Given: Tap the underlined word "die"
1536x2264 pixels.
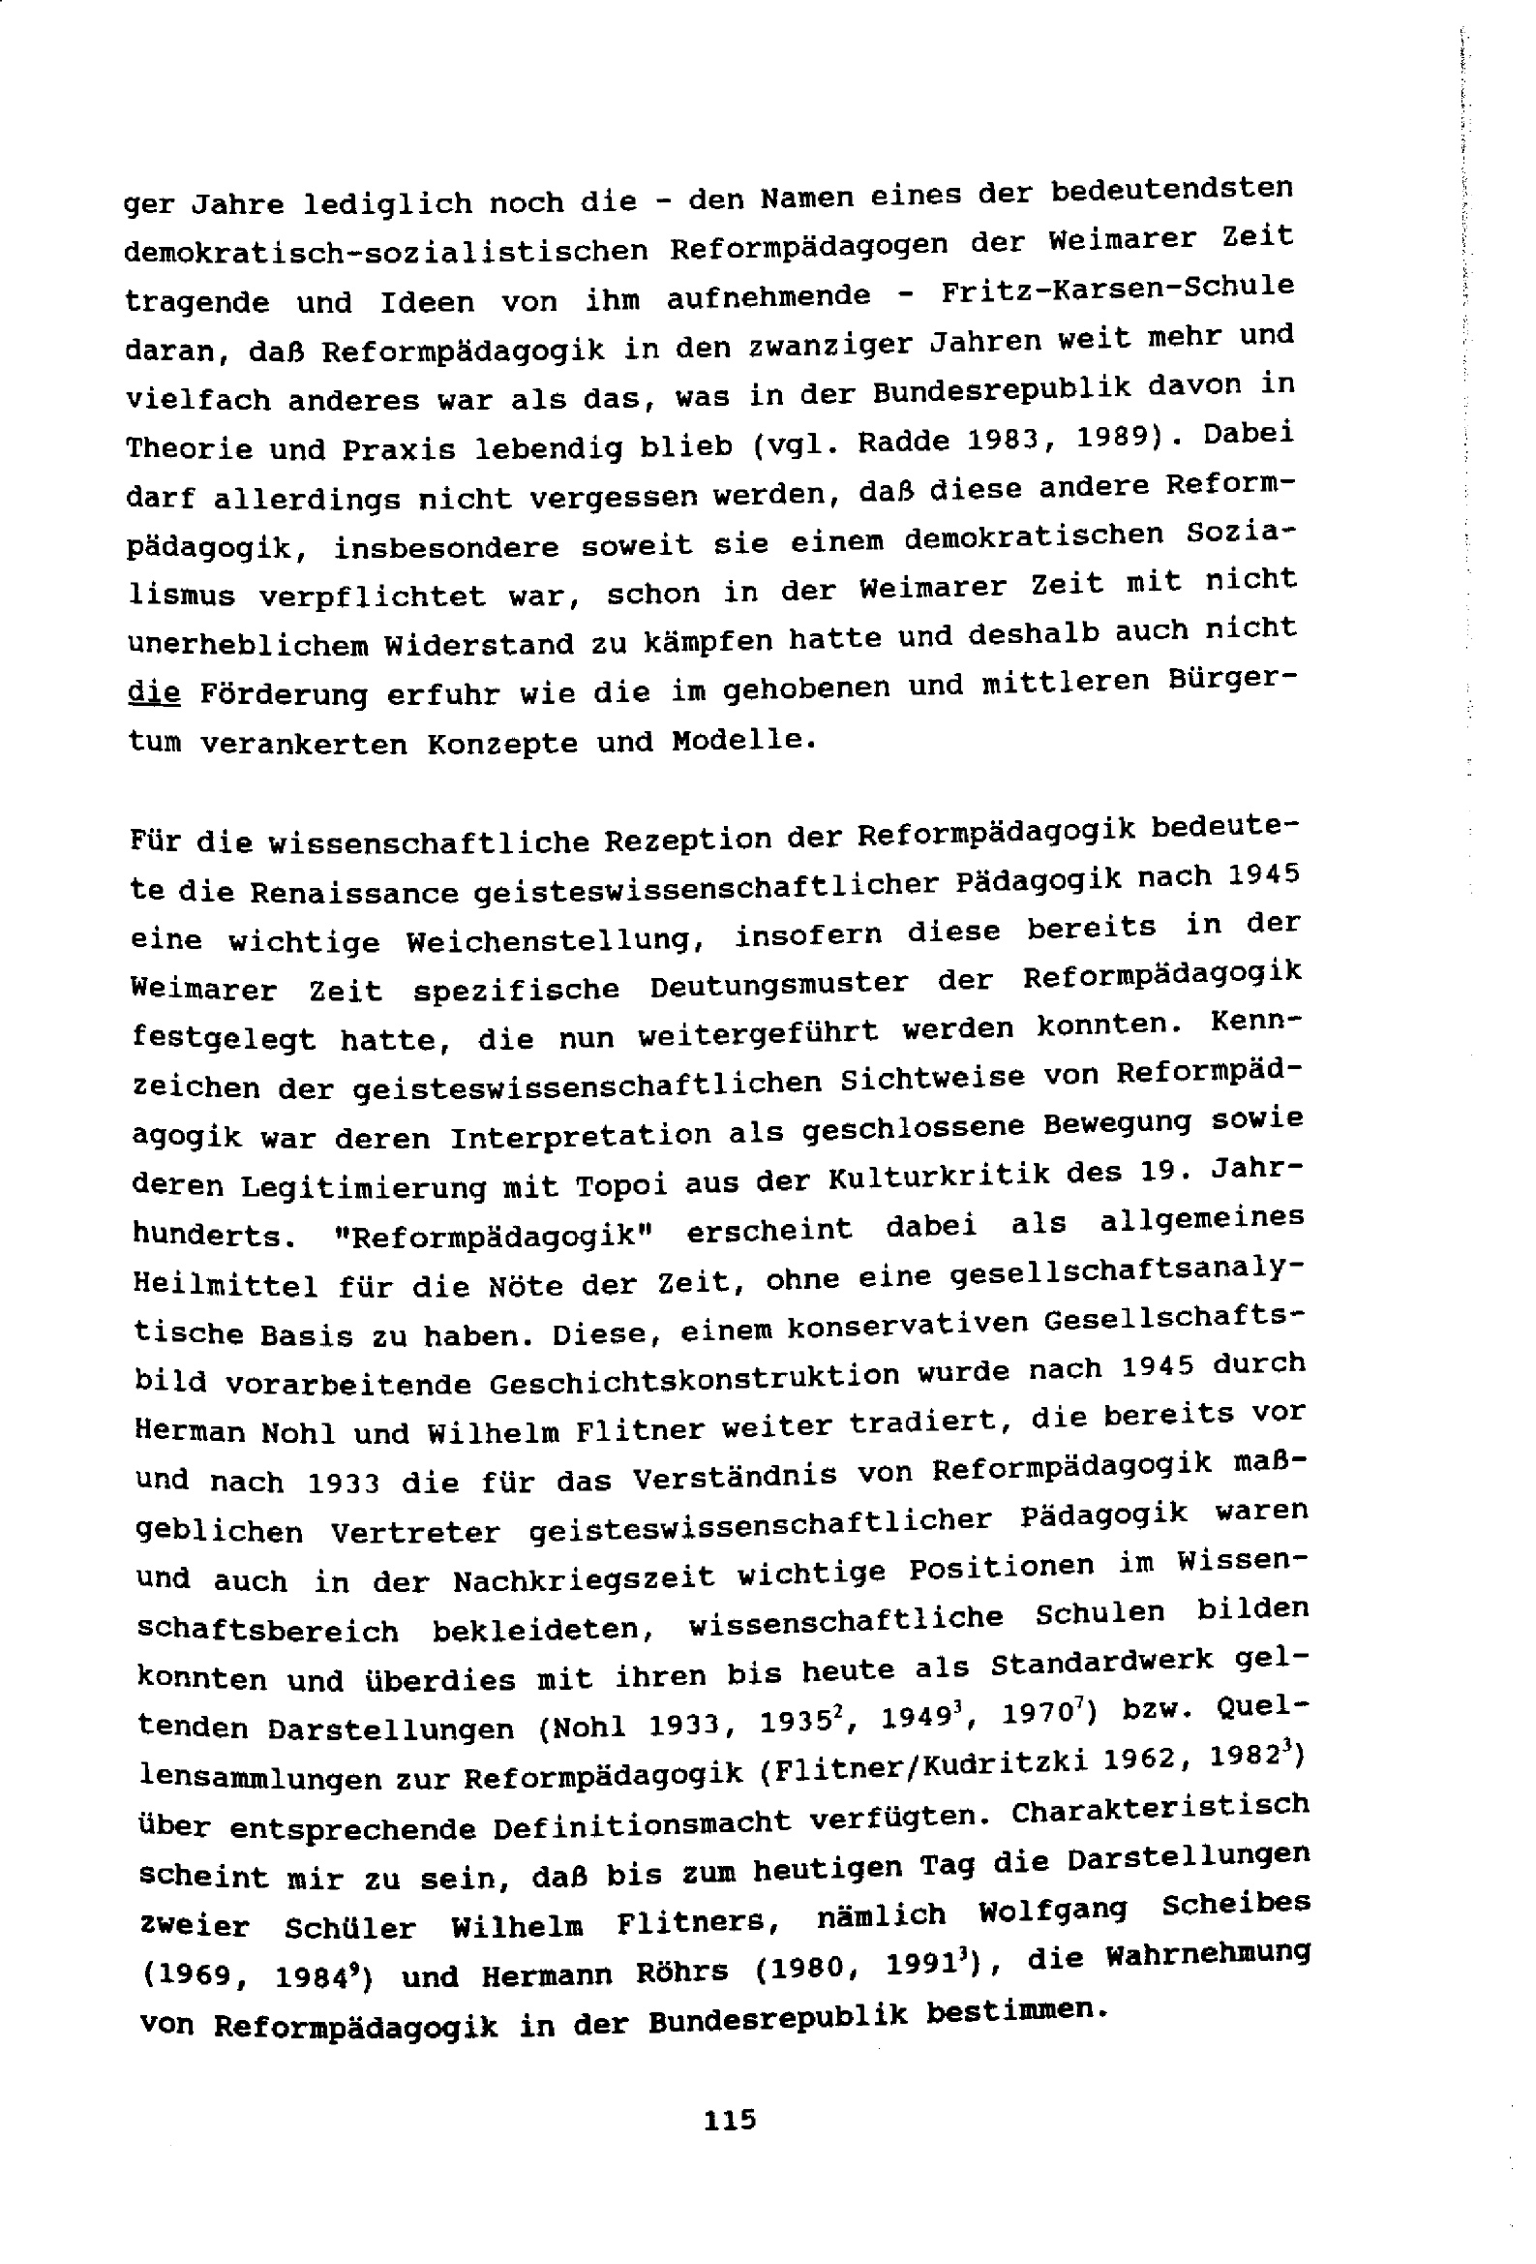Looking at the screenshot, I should [154, 693].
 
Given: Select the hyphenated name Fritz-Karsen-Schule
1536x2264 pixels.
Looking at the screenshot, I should [1117, 289].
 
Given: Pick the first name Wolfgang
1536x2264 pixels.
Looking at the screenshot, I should [1052, 1912].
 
